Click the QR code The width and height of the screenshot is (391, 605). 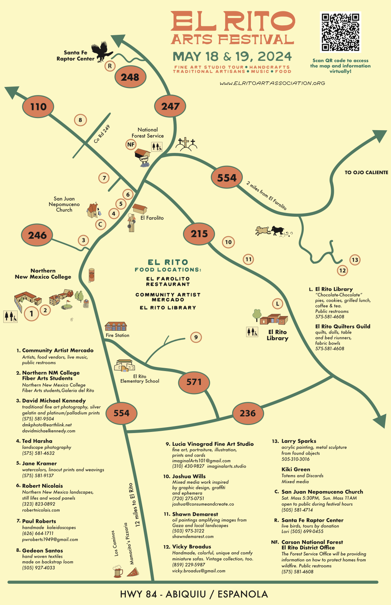coord(340,32)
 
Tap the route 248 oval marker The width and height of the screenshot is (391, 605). coord(130,77)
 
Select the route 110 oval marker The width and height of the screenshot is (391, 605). coord(39,107)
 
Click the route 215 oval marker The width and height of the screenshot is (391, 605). coord(199,234)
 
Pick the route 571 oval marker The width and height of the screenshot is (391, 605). coord(194,382)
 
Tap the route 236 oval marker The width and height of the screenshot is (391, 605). coord(248,413)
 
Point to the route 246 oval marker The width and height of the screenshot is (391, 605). coord(37,235)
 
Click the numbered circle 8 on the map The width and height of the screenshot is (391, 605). coord(80,120)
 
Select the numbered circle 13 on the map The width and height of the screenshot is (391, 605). coord(355,260)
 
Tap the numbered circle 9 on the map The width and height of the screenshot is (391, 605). coord(196,337)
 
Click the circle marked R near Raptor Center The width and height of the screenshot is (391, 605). coord(110,66)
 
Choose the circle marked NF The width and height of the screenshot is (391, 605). coord(131,144)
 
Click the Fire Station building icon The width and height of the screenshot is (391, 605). coord(116,326)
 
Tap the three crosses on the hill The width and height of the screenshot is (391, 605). coord(186,144)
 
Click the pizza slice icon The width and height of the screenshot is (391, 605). coord(133,572)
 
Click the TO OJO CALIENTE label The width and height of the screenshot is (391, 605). coord(366,172)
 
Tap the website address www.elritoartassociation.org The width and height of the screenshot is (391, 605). coord(273,83)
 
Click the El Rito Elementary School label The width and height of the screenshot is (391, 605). coord(140,379)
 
